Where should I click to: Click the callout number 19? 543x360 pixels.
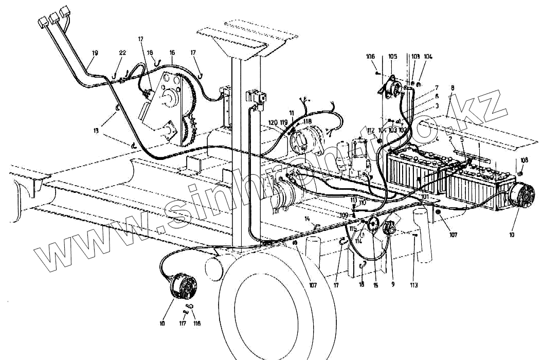click(95, 52)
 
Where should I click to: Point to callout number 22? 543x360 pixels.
click(122, 52)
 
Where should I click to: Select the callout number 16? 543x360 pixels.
click(172, 52)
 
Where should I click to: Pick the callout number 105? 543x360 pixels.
click(392, 56)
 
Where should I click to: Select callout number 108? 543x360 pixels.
click(524, 160)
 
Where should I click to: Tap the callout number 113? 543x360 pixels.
click(414, 284)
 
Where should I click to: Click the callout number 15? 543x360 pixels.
click(375, 284)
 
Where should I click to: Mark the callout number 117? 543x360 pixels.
click(183, 323)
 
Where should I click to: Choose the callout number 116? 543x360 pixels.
click(196, 323)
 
